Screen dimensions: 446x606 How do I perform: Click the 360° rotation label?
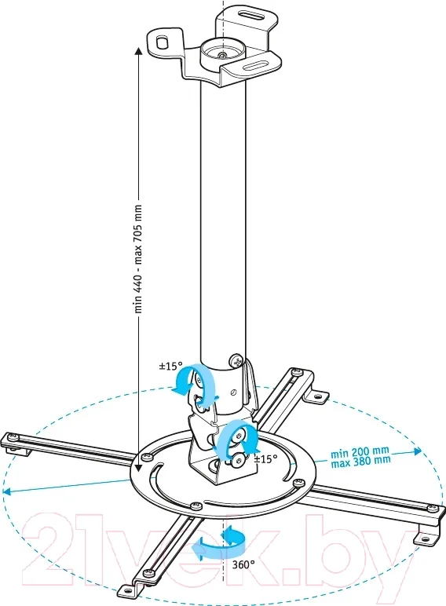tap(243, 564)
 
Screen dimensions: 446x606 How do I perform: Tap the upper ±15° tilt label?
tap(171, 366)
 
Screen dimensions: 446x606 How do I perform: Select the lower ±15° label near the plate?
tap(266, 459)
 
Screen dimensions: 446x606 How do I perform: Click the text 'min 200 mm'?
tap(360, 452)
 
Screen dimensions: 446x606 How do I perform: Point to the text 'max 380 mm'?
tap(361, 461)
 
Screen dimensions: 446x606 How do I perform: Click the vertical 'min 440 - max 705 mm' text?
tap(138, 258)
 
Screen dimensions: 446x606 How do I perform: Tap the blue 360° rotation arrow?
tap(218, 542)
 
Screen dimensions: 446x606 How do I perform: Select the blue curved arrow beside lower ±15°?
tap(238, 440)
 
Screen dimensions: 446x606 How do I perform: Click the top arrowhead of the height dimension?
tap(138, 51)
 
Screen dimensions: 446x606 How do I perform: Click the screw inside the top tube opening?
tap(221, 55)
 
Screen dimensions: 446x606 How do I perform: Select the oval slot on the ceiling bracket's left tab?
tap(163, 42)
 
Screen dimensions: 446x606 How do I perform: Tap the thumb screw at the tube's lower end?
tap(236, 360)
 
